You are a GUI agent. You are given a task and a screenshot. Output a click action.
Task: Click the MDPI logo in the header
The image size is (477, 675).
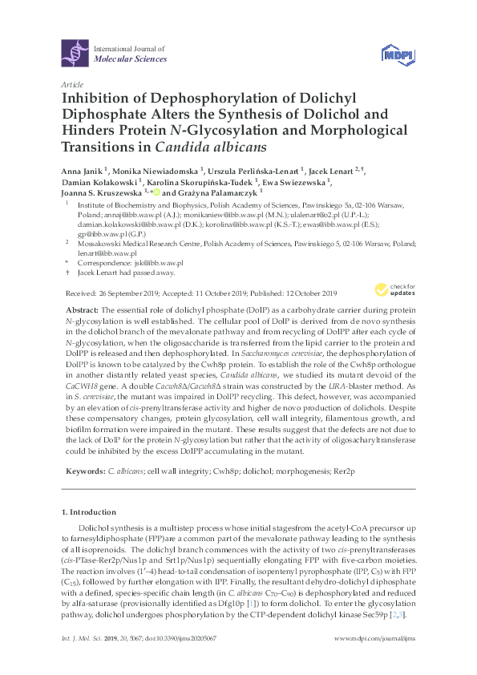tap(396, 54)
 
